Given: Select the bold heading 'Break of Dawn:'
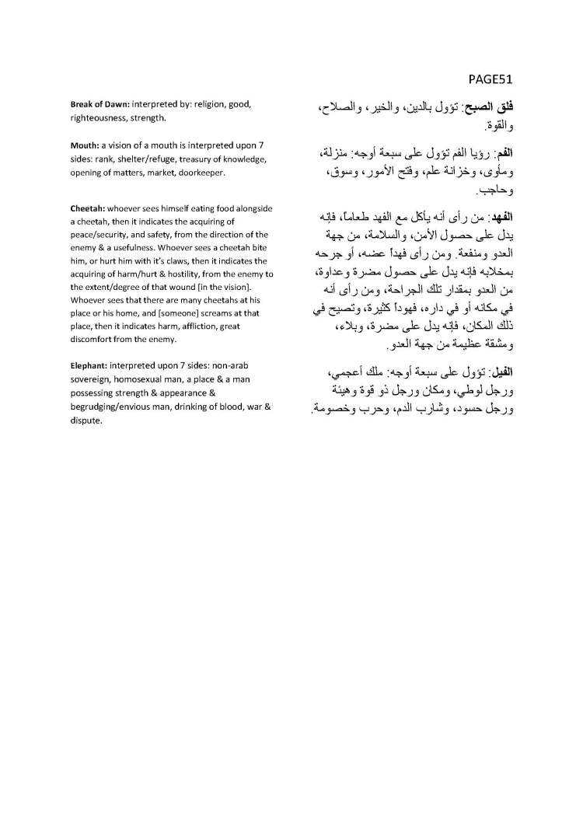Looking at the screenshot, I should click(99, 104).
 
